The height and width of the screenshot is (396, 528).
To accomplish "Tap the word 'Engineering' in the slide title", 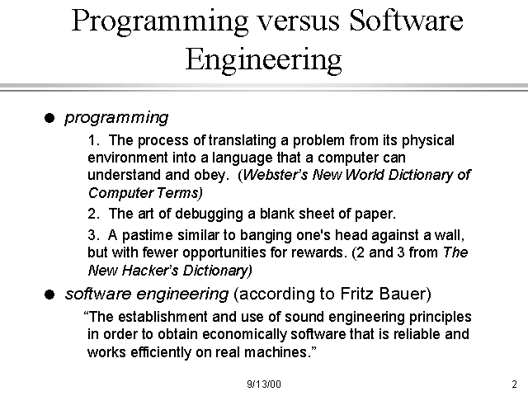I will point(263,59).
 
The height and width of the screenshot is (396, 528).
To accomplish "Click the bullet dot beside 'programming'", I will point(50,119).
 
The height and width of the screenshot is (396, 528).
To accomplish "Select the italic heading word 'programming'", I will point(116,118).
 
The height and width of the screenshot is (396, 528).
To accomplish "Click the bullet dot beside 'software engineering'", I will point(50,295).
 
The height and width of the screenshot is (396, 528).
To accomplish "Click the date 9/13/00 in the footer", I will point(263,384).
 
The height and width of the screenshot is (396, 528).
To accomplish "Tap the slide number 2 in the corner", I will point(513,384).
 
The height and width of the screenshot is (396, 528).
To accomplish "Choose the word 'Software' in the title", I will point(404,21).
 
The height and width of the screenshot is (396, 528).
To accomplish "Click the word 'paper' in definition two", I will point(377,214).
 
